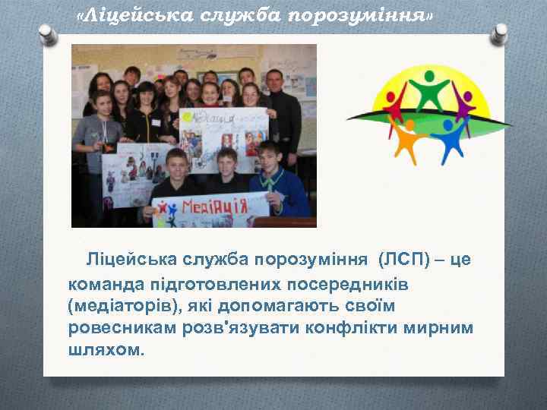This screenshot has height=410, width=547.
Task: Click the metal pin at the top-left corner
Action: pyautogui.click(x=47, y=33)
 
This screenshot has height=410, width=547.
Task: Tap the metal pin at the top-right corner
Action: pyautogui.click(x=499, y=33)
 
